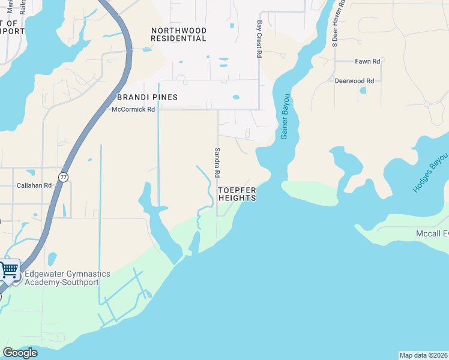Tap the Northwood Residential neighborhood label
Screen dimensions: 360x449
click(179, 34)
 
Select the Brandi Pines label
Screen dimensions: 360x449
click(147, 97)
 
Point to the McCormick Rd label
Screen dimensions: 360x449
click(133, 109)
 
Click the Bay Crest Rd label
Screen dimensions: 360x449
click(259, 40)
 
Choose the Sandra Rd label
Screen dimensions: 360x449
click(217, 163)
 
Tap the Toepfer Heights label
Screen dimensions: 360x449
click(237, 194)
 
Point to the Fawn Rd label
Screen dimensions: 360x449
click(367, 61)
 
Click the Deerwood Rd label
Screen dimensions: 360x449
click(354, 80)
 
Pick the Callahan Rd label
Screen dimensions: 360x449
click(34, 185)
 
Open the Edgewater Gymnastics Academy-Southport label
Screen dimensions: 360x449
click(67, 278)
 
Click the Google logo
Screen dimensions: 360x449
click(20, 353)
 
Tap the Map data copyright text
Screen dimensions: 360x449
click(424, 355)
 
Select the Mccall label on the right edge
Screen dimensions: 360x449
click(432, 233)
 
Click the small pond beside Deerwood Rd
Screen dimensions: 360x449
click(363, 91)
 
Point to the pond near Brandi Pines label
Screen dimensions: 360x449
click(236, 97)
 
